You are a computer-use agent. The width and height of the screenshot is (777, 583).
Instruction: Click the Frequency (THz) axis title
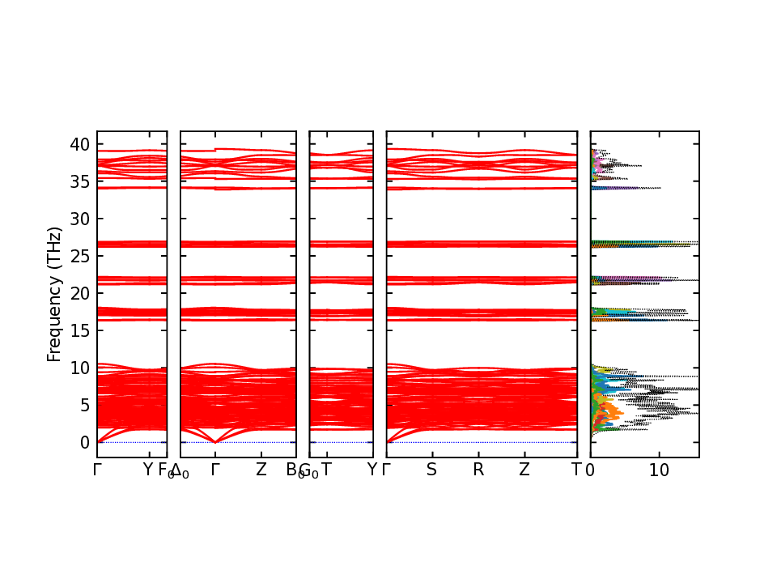coord(54,294)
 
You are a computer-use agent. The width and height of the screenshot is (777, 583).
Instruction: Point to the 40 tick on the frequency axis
coord(79,145)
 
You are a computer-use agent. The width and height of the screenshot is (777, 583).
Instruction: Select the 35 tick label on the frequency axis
coord(79,182)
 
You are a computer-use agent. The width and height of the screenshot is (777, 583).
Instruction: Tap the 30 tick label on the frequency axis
coord(79,219)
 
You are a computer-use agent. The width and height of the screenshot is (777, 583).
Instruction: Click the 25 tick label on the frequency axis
coord(79,257)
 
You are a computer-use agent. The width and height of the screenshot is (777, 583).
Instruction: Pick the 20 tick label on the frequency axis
coord(79,294)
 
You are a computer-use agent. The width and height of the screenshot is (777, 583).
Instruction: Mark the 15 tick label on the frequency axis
coord(79,331)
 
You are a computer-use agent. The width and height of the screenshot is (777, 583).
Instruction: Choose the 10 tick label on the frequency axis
coord(79,368)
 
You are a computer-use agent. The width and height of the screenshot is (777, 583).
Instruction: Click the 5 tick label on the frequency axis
coord(84,406)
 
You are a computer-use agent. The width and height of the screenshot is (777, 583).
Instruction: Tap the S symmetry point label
coord(432,470)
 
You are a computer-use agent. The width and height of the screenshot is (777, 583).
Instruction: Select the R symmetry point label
coord(478,470)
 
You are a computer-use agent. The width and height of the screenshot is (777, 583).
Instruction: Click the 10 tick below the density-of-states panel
coord(659,470)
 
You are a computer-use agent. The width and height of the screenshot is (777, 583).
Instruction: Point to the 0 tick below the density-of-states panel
coord(590,470)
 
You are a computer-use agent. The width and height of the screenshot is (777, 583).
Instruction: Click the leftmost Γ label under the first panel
coord(97,470)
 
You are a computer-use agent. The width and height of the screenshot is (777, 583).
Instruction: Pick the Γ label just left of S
coord(386,470)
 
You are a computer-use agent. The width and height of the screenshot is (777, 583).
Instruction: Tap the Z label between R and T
coord(524,470)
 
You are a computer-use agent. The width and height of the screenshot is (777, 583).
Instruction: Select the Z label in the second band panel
coord(261,470)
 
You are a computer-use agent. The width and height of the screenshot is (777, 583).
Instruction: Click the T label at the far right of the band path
coord(576,470)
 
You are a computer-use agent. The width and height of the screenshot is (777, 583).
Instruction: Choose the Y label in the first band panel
coord(147,470)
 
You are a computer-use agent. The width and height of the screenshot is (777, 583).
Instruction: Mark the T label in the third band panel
coord(326,470)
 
